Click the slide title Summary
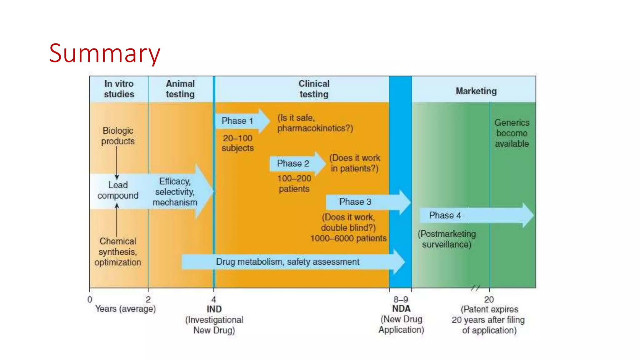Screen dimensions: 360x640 pyautogui.click(x=105, y=53)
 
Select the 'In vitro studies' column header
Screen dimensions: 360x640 pyautogui.click(x=119, y=89)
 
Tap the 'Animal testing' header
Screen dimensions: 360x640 pyautogui.click(x=180, y=89)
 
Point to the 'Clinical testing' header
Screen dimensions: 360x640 pyautogui.click(x=314, y=89)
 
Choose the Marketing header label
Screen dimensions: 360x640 pyautogui.click(x=476, y=91)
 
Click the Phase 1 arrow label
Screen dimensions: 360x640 pyautogui.click(x=237, y=121)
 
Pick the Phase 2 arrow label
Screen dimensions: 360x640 pyautogui.click(x=293, y=163)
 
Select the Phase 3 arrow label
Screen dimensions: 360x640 pyautogui.click(x=355, y=202)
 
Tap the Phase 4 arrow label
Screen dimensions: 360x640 pyautogui.click(x=445, y=215)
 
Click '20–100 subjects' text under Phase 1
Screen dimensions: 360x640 pyautogui.click(x=237, y=143)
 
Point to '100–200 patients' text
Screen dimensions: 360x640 pyautogui.click(x=294, y=183)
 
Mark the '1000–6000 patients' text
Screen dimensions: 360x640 pyautogui.click(x=348, y=238)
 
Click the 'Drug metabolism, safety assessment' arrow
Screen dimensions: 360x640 pyautogui.click(x=287, y=262)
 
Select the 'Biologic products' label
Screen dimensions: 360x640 pyautogui.click(x=118, y=136)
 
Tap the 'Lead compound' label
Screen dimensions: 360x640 pyautogui.click(x=118, y=190)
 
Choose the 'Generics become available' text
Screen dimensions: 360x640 pyautogui.click(x=512, y=133)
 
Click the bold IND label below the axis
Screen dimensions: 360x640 pyautogui.click(x=214, y=309)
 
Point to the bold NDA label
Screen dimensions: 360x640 pyautogui.click(x=401, y=309)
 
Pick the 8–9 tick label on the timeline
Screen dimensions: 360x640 pyautogui.click(x=401, y=299)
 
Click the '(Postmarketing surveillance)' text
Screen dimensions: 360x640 pyautogui.click(x=447, y=239)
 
